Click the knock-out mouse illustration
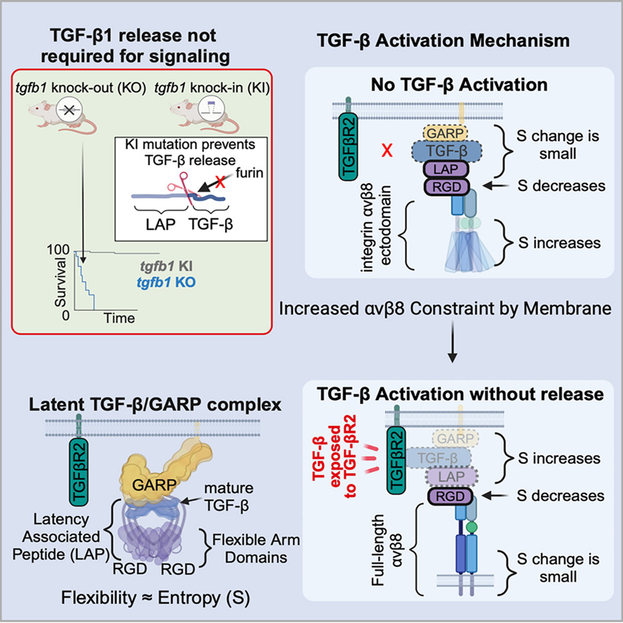(63, 114)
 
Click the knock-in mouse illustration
(204, 114)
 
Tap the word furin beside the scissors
(249, 173)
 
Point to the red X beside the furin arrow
(220, 182)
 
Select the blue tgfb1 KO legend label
(166, 282)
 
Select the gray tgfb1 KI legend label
(166, 266)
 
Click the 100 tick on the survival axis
(58, 249)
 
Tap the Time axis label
(119, 318)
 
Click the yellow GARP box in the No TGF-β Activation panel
(445, 134)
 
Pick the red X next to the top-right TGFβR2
(387, 151)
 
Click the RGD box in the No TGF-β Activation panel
(447, 187)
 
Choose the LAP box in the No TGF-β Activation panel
(445, 170)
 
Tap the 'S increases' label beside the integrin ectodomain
(559, 243)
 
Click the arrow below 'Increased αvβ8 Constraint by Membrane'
(453, 342)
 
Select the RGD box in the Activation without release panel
(450, 497)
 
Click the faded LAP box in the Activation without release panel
(451, 477)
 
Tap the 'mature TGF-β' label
(228, 497)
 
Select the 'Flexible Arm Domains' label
(256, 549)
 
